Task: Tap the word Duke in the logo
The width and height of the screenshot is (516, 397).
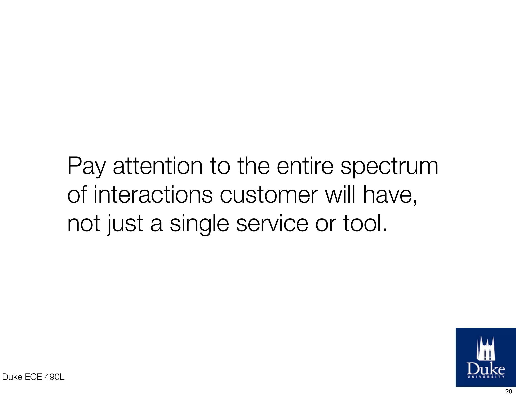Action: pyautogui.click(x=486, y=369)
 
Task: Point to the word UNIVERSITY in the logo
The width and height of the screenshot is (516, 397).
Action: pyautogui.click(x=486, y=377)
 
